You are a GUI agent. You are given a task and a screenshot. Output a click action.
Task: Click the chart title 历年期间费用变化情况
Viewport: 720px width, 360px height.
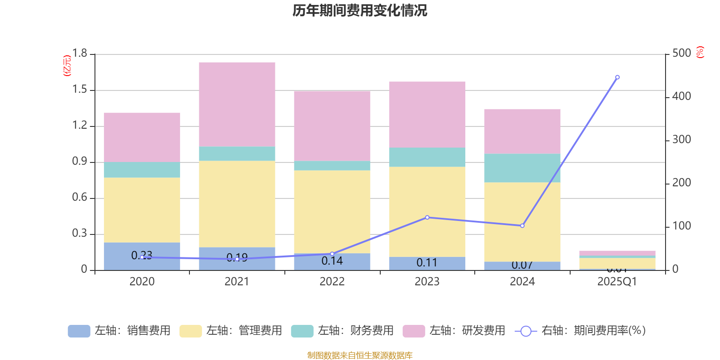(x=360, y=10)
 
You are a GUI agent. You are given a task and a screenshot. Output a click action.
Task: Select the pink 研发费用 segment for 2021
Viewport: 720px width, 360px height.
(x=237, y=104)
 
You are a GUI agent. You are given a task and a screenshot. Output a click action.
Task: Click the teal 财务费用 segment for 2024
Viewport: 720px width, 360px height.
(x=522, y=168)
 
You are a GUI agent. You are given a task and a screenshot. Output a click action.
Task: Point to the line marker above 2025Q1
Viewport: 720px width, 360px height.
(x=617, y=77)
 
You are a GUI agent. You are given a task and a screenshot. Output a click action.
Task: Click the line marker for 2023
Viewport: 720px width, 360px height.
(x=427, y=217)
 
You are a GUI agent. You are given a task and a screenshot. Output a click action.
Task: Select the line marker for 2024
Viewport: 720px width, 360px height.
(x=522, y=225)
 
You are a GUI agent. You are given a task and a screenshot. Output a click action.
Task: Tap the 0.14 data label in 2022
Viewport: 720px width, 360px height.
(x=332, y=261)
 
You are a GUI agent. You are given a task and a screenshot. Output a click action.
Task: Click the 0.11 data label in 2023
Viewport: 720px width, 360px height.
(x=427, y=263)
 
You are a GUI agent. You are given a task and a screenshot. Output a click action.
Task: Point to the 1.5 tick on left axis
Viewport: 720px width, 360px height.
(x=80, y=90)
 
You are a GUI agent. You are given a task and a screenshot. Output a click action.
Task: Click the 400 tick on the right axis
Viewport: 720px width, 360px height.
(x=681, y=96)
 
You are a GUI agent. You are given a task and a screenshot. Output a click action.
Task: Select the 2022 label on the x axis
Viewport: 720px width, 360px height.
(x=332, y=282)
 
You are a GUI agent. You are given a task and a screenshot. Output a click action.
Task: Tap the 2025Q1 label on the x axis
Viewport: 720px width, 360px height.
(x=617, y=282)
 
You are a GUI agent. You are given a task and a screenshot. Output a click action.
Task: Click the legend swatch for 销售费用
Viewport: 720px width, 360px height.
(x=79, y=331)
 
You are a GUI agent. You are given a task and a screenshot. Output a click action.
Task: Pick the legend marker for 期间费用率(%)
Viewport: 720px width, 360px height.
(x=526, y=331)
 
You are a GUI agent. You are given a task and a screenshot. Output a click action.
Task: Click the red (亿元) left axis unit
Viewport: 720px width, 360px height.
(x=67, y=66)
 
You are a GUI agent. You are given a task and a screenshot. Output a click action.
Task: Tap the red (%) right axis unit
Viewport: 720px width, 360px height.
(x=700, y=52)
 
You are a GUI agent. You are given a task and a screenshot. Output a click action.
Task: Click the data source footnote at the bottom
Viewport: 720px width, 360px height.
(x=360, y=355)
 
